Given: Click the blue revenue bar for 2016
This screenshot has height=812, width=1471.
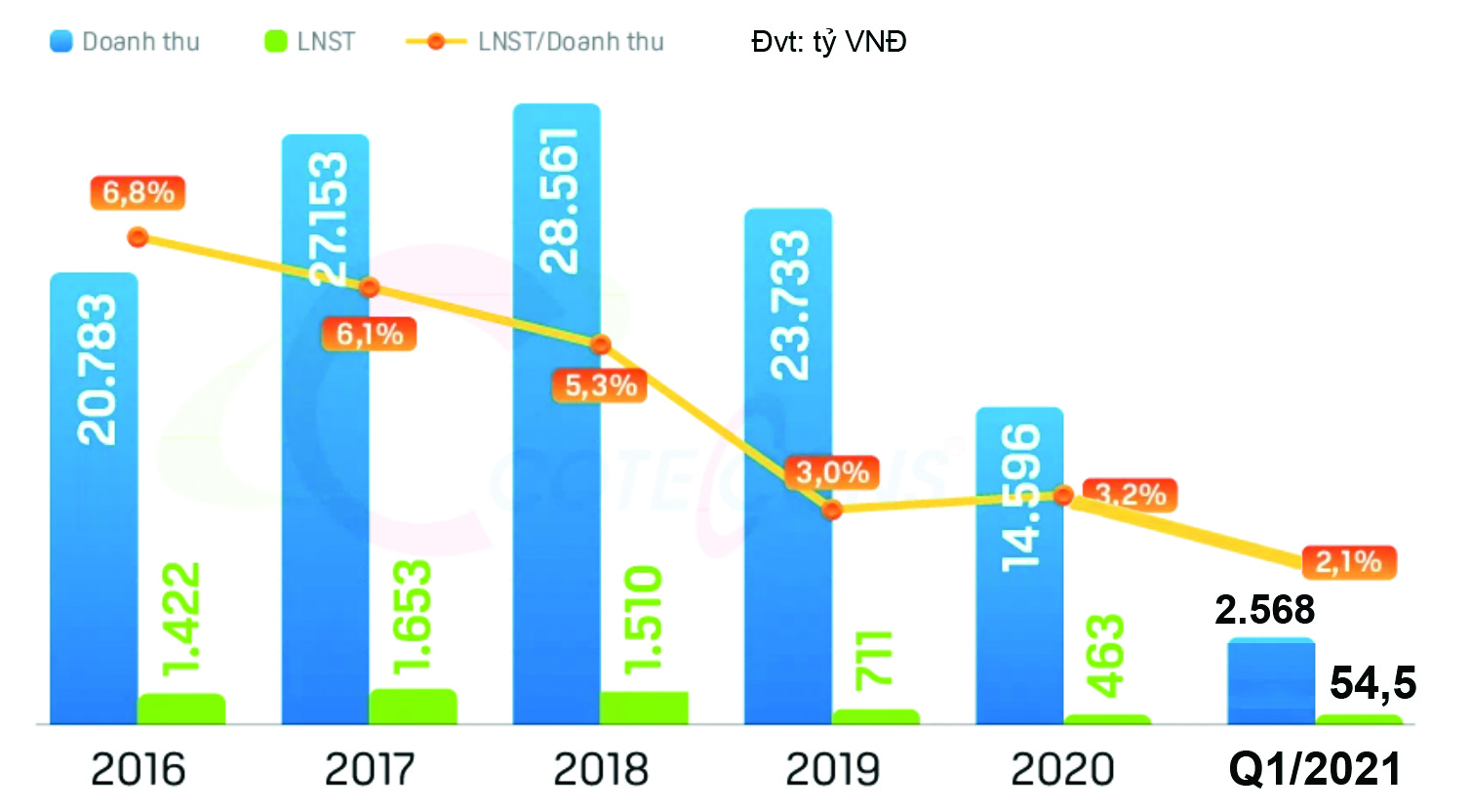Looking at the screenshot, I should pos(94,547).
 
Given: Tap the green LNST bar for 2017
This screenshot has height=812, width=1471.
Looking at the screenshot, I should pos(413,706).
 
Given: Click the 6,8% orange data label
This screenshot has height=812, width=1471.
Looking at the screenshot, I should pos(139,192).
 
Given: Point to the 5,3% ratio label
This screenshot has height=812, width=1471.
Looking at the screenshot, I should pos(601,386).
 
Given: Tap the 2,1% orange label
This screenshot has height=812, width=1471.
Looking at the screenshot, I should pos(1349,562).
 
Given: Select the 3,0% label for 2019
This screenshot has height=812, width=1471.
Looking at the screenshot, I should pos(832,473).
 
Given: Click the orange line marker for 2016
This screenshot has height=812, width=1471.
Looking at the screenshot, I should pos(139,237).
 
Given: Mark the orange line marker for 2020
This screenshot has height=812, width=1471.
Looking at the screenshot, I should pos(1064,496).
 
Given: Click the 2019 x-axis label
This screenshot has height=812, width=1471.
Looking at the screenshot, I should pos(833,770).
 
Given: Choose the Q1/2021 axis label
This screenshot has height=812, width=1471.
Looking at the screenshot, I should pos(1315,770).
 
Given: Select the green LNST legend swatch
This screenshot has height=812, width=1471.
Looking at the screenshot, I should pos(276,42).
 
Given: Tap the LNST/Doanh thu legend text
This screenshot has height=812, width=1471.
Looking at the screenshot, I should pos(571,42).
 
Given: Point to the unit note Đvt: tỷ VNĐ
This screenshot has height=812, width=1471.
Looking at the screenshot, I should pos(829,42).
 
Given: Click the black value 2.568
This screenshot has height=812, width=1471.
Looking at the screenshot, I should pos(1265,610).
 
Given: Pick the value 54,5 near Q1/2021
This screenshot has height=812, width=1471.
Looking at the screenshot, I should pos(1372,683).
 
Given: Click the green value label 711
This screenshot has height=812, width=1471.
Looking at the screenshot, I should pos(875,659).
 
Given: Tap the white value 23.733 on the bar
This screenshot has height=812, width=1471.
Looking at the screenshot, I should pos(789,304).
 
